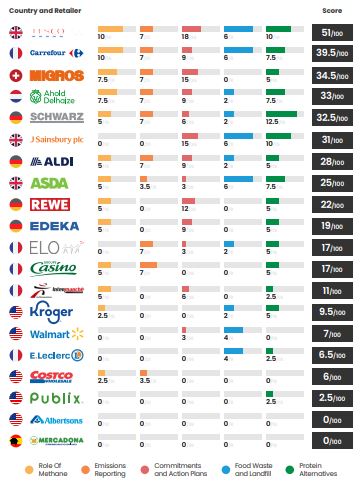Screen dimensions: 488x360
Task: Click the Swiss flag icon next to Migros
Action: click(16, 74)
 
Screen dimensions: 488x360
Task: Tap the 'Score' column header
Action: click(331, 9)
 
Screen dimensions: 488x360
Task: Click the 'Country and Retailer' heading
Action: click(45, 9)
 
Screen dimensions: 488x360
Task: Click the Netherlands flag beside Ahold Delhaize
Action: click(16, 96)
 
